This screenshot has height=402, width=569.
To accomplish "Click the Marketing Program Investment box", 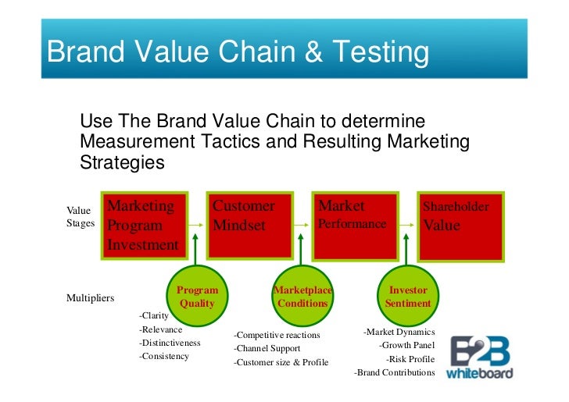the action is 143,226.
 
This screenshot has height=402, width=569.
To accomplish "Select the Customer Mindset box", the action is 249,226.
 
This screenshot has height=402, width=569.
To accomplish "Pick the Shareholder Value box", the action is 460,226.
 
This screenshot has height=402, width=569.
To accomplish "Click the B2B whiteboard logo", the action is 480,358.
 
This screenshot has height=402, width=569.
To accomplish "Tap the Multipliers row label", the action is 91,298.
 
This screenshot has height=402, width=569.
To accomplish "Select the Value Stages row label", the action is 80,216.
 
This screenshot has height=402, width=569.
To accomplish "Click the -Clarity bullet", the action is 154,316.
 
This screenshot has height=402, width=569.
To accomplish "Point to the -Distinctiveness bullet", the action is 170,343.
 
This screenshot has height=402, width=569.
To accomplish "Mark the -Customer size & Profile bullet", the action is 281,362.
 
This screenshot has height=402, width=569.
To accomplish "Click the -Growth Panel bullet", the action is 406,345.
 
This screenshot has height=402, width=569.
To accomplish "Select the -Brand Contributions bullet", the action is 395,372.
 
